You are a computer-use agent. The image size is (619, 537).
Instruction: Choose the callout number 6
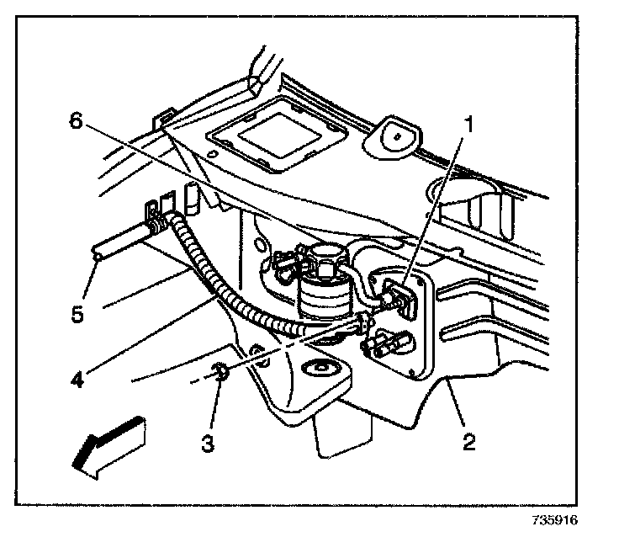pyautogui.click(x=77, y=120)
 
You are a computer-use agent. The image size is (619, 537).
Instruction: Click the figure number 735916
pyautogui.click(x=555, y=520)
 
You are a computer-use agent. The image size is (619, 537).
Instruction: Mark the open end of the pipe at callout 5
pyautogui.click(x=98, y=252)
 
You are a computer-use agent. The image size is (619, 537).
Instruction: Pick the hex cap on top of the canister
pyautogui.click(x=324, y=254)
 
